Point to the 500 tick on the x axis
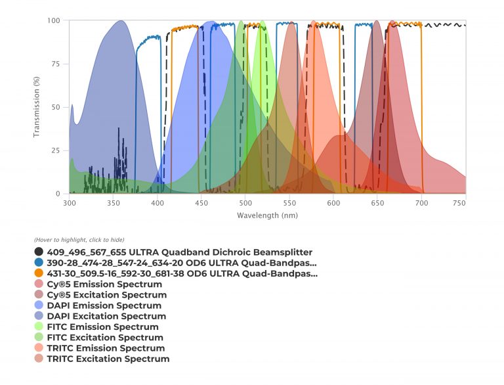[x=245, y=204]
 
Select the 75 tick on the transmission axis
[x=56, y=64]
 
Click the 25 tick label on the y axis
[x=56, y=150]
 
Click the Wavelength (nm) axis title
[x=268, y=215]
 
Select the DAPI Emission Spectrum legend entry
[x=104, y=306]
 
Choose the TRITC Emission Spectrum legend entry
[x=106, y=348]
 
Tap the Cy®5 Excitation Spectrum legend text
[x=106, y=295]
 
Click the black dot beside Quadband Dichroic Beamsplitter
[x=39, y=252]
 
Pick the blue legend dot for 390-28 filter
[x=39, y=263]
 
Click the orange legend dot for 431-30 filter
[x=39, y=273]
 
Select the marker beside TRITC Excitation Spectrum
[x=39, y=359]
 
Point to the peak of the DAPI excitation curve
[x=121, y=21]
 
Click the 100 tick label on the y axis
[x=54, y=20]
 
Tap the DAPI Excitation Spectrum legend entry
[x=106, y=316]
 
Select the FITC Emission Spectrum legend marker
[x=39, y=327]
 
